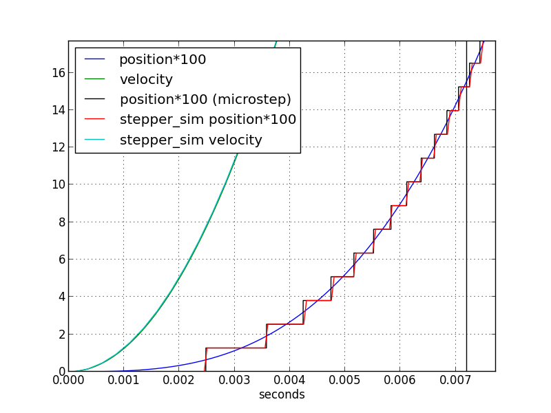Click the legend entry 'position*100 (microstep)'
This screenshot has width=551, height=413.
click(205, 100)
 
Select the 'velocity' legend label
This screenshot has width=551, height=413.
click(146, 80)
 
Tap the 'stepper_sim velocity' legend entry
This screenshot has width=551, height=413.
click(191, 140)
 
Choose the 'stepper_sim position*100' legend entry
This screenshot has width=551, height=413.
click(208, 120)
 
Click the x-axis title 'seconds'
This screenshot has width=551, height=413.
click(282, 395)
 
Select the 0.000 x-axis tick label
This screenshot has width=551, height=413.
click(68, 380)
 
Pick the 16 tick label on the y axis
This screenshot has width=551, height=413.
click(57, 72)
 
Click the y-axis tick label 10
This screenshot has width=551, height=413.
click(57, 184)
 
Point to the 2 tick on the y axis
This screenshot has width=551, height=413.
click(61, 334)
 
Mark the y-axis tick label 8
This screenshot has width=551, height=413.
click(61, 222)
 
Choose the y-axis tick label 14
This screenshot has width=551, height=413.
click(57, 109)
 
